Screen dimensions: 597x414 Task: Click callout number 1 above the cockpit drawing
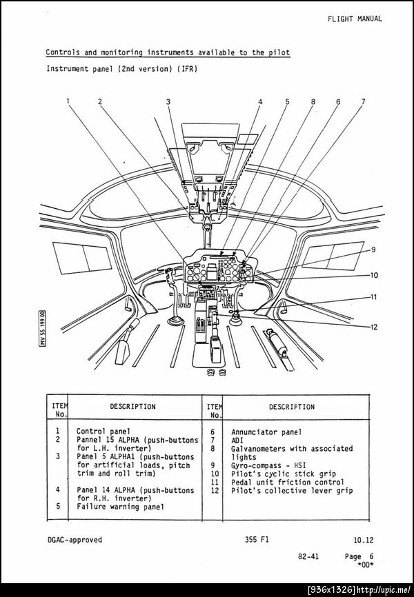(x=68, y=101)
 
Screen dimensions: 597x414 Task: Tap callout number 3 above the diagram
(x=168, y=101)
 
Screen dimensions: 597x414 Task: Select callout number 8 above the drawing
(x=313, y=101)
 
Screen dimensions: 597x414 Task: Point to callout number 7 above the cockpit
(x=363, y=101)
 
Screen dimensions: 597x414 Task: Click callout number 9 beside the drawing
(x=373, y=250)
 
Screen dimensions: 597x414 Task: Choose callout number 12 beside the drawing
(x=373, y=327)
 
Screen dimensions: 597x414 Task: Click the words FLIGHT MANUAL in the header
(x=355, y=19)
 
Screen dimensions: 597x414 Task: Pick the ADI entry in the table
(x=238, y=440)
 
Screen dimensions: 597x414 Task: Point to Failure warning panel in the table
(x=120, y=507)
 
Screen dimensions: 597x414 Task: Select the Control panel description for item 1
(x=103, y=432)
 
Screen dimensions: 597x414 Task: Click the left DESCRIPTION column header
(x=132, y=407)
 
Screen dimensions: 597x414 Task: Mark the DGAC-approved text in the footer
(x=74, y=540)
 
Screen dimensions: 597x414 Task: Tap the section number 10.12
(x=362, y=540)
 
